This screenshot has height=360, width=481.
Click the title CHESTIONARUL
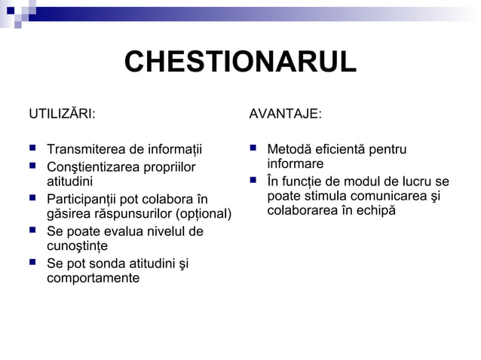(x=240, y=63)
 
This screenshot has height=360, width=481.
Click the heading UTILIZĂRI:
(x=61, y=114)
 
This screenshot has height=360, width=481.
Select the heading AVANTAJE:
(x=285, y=114)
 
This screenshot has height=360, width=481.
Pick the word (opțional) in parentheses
(x=204, y=215)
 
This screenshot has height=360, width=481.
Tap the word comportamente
(x=93, y=279)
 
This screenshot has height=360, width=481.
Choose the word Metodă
(x=289, y=149)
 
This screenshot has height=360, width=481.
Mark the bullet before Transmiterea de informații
(x=32, y=149)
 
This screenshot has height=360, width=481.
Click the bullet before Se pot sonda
(x=32, y=263)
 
